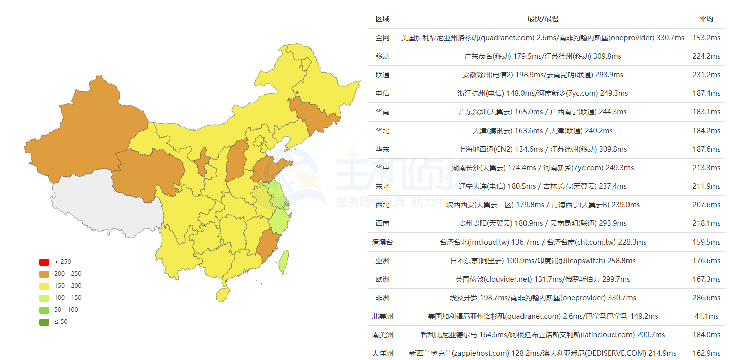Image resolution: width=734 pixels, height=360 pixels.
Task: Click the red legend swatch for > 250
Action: click(44, 262)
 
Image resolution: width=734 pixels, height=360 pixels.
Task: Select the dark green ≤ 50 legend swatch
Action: click(44, 322)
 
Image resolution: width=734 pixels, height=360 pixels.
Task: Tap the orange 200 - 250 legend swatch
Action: click(44, 274)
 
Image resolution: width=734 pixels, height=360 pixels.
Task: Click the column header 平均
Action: click(706, 19)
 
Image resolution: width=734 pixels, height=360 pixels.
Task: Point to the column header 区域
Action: click(382, 19)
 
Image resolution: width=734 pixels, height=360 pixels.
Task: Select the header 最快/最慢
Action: click(543, 19)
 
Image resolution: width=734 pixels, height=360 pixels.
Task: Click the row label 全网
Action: click(382, 38)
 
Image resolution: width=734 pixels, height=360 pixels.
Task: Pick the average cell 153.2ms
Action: click(706, 38)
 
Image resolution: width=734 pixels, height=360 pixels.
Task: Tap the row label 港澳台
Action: click(382, 242)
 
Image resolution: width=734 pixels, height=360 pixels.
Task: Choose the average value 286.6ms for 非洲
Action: click(706, 298)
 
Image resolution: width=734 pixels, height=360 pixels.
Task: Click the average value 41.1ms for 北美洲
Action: click(706, 316)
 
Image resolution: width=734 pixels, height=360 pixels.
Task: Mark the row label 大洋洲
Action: click(382, 353)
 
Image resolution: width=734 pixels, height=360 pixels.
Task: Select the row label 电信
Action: click(382, 93)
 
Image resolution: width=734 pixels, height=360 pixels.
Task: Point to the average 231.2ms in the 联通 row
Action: click(706, 75)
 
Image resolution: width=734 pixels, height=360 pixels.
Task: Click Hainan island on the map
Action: click(222, 294)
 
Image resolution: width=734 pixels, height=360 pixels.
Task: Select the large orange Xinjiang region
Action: click(85, 126)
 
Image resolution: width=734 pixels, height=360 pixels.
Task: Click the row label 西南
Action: click(382, 223)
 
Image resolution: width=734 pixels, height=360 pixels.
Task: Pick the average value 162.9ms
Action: click(706, 353)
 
